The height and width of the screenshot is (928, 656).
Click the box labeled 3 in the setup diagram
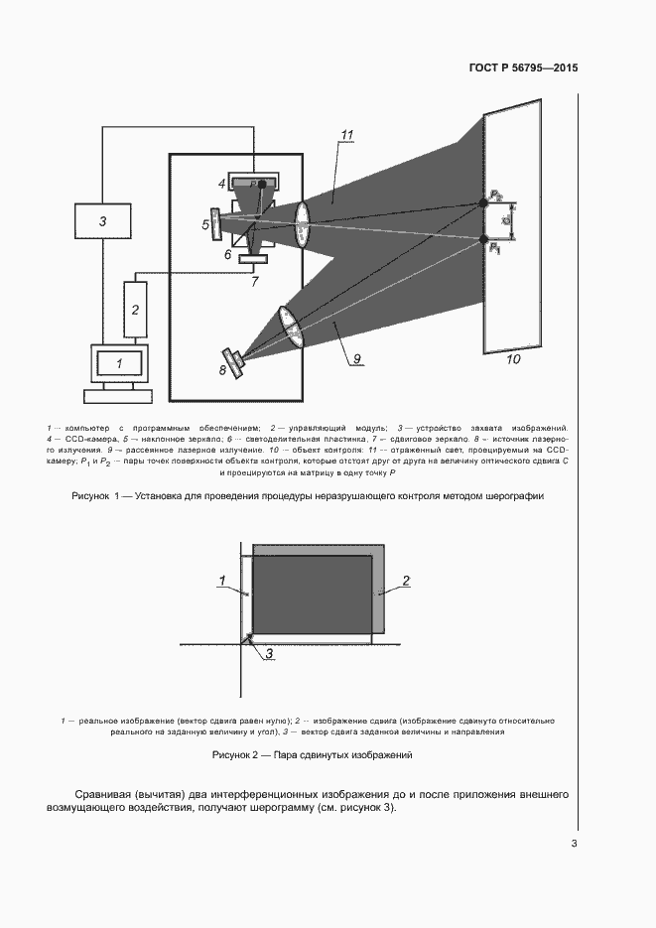pyautogui.click(x=102, y=221)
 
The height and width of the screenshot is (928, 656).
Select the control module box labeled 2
pyautogui.click(x=135, y=309)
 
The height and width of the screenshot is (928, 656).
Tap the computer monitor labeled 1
pyautogui.click(x=119, y=363)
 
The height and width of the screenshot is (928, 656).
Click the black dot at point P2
pyautogui.click(x=484, y=201)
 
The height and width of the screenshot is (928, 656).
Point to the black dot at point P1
pyautogui.click(x=484, y=239)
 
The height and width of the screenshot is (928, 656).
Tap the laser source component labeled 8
pyautogui.click(x=234, y=362)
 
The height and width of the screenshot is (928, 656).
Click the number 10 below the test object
pyautogui.click(x=513, y=359)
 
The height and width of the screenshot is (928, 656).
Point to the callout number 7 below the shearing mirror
pyautogui.click(x=255, y=282)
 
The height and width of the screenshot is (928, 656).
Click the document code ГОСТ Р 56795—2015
pyautogui.click(x=523, y=68)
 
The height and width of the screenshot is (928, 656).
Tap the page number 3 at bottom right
pyautogui.click(x=574, y=844)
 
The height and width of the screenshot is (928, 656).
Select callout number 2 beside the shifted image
pyautogui.click(x=406, y=580)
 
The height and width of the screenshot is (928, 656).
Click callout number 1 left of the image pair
pyautogui.click(x=223, y=579)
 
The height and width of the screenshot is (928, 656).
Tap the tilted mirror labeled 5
pyautogui.click(x=217, y=223)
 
